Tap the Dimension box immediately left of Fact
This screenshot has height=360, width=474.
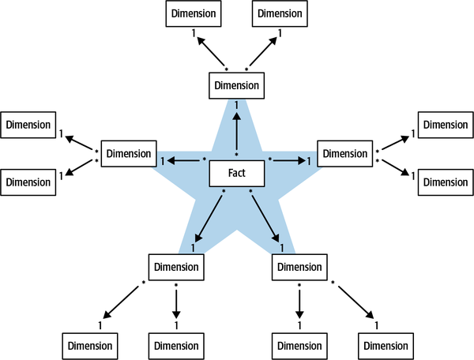(127, 153)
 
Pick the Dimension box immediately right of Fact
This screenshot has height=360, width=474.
(344, 153)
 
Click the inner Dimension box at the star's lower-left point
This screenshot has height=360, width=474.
(176, 267)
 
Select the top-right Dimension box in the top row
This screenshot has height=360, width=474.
(279, 13)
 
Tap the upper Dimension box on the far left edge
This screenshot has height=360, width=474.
(28, 125)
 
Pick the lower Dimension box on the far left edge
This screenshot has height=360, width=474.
(28, 182)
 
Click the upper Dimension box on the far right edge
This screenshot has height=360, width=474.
(444, 125)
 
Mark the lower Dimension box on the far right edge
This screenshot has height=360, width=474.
(444, 182)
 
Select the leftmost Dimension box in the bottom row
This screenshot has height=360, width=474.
(89, 346)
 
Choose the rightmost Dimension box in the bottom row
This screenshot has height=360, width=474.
(385, 346)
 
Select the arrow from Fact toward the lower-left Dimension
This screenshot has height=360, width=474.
(207, 219)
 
